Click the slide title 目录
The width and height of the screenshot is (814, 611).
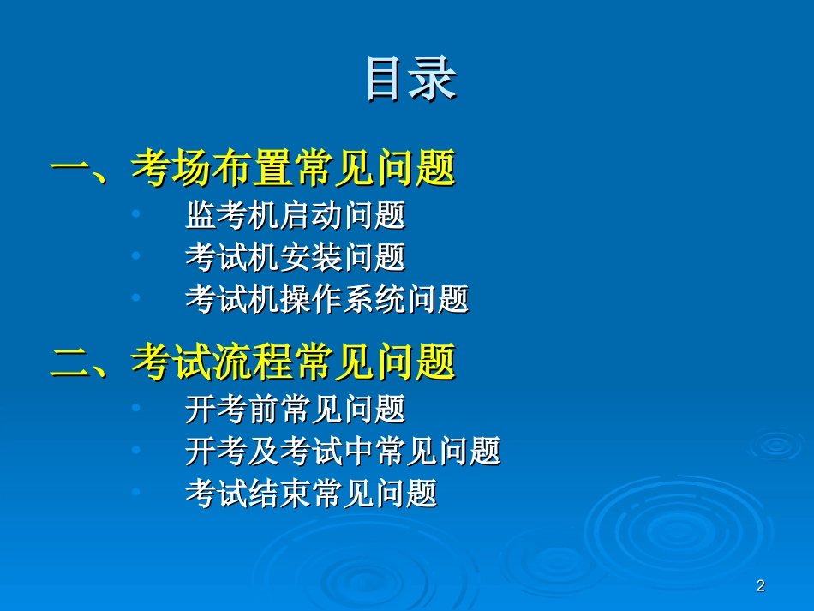pyautogui.click(x=410, y=78)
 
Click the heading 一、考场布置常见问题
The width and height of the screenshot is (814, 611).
pyautogui.click(x=253, y=168)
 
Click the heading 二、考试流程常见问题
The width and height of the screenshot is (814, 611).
pyautogui.click(x=253, y=362)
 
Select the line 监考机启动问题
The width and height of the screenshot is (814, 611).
pyautogui.click(x=295, y=215)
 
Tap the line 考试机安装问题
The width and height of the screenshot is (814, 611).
pyautogui.click(x=295, y=257)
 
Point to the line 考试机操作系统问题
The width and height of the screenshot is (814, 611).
pyautogui.click(x=326, y=299)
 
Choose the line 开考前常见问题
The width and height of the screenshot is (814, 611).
pyautogui.click(x=295, y=409)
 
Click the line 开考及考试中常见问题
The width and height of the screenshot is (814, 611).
pyautogui.click(x=342, y=451)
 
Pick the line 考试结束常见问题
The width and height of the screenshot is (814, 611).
pyautogui.click(x=311, y=493)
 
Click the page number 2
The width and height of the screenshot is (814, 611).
pyautogui.click(x=760, y=586)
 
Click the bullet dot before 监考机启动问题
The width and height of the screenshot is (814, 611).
pyautogui.click(x=136, y=214)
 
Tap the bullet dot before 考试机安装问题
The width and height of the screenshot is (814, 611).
pyautogui.click(x=136, y=256)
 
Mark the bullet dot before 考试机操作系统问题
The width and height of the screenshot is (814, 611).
pyautogui.click(x=136, y=298)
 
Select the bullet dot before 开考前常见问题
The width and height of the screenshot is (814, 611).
pyautogui.click(x=136, y=408)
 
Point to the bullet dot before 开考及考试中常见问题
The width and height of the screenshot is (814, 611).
pyautogui.click(x=136, y=450)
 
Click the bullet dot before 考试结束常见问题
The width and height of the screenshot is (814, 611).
pyautogui.click(x=136, y=492)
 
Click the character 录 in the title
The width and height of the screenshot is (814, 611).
pyautogui.click(x=434, y=78)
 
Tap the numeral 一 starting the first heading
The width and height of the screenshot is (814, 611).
pyautogui.click(x=69, y=168)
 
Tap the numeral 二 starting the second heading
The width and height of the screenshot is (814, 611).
pyautogui.click(x=69, y=362)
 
